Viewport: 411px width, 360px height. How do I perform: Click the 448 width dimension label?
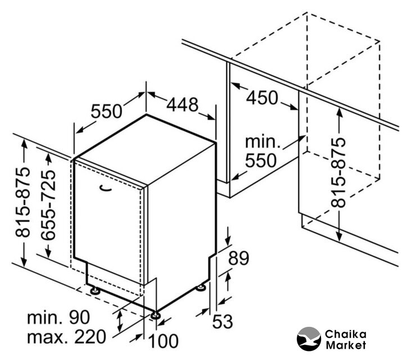tap(182, 105)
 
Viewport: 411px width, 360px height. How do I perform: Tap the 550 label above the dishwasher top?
tap(106, 111)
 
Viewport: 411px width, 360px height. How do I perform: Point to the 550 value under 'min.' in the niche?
tap(261, 161)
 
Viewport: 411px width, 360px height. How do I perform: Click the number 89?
tap(238, 259)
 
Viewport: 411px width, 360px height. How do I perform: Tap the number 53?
tap(223, 321)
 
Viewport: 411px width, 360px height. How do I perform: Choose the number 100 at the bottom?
tap(165, 340)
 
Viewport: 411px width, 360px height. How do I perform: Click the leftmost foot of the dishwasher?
tap(96, 291)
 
